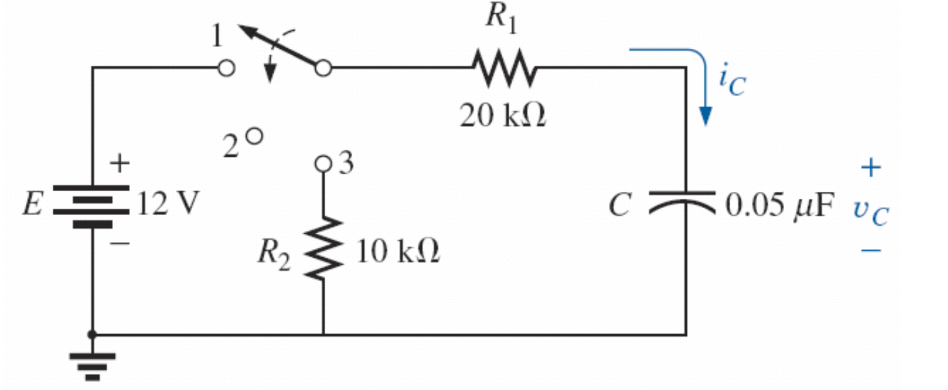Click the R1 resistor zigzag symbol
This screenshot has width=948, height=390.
(504, 68)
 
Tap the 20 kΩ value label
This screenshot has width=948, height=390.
(502, 116)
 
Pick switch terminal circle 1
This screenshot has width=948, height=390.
(227, 68)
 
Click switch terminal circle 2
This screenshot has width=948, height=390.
(253, 135)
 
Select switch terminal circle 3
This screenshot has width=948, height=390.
(323, 164)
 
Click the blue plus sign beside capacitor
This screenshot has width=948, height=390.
(871, 167)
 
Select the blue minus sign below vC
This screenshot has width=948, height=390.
(871, 250)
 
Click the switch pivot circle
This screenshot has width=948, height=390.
(323, 68)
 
